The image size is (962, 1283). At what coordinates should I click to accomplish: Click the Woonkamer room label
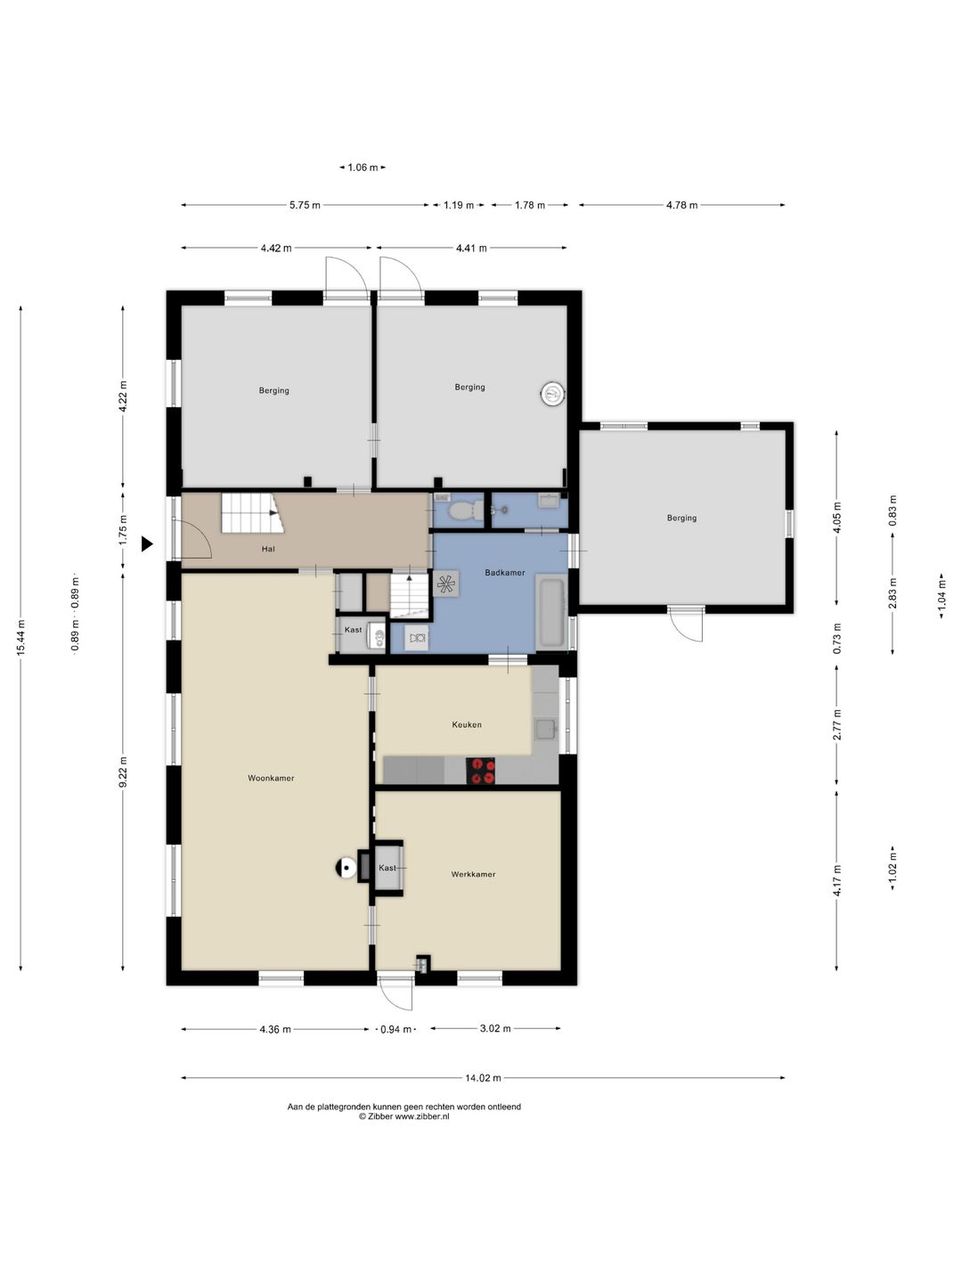tap(271, 778)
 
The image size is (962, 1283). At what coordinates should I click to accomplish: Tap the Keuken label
tap(467, 724)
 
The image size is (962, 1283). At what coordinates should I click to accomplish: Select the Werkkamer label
tap(473, 874)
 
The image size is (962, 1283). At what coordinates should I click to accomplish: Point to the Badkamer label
tap(505, 572)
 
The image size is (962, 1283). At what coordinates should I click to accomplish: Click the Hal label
tap(268, 549)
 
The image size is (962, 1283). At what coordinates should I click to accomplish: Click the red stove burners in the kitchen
tap(480, 771)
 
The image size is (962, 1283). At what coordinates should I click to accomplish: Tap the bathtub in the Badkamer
tap(550, 613)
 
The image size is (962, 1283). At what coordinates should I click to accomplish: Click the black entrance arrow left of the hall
tap(147, 544)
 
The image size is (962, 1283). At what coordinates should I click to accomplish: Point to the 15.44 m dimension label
tap(21, 637)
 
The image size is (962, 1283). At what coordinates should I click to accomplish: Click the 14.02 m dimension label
tap(483, 1078)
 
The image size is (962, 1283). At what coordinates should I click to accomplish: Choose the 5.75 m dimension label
tap(305, 205)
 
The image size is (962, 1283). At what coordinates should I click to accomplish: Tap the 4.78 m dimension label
tap(681, 205)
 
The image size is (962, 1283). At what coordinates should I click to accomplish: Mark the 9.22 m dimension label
tap(123, 772)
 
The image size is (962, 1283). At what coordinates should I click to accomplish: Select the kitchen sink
tap(545, 729)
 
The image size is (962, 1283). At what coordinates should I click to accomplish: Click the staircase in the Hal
tap(252, 512)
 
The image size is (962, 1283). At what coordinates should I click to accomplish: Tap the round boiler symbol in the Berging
tap(552, 394)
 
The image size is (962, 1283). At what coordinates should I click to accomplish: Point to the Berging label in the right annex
tap(681, 518)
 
